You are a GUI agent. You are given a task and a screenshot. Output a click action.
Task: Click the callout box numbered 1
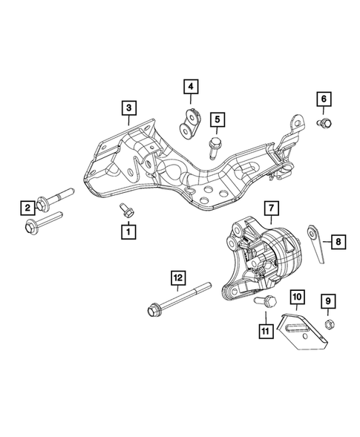pos(128,232)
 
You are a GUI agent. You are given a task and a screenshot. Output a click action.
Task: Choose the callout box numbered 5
pos(217,117)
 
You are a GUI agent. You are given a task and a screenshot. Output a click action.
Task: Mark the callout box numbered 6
pos(323,98)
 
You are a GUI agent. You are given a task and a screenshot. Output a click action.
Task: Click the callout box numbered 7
pos(272,207)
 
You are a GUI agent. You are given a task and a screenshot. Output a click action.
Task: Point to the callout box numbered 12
pos(178,278)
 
